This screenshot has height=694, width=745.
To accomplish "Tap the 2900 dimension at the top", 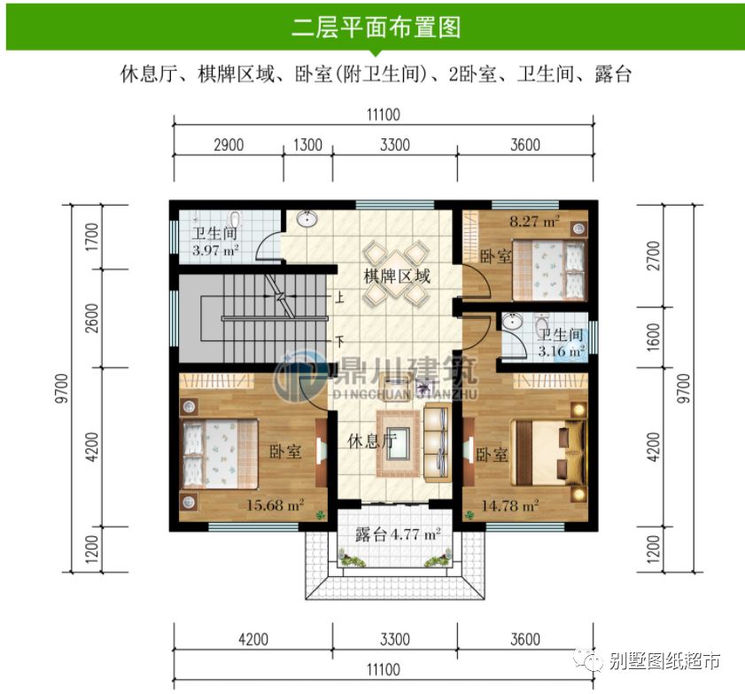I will tap(228, 145).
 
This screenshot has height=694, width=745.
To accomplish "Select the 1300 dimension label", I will tap(307, 145).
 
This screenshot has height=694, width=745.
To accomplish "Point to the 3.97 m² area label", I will tap(216, 251).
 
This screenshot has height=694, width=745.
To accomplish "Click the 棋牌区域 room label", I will tap(396, 276).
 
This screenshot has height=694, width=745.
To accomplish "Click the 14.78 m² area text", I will tap(510, 506).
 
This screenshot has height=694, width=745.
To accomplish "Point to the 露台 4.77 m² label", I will tap(398, 534).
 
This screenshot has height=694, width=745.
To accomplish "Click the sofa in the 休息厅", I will tap(437, 440).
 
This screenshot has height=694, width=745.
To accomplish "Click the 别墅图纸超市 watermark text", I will tap(664, 660).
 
